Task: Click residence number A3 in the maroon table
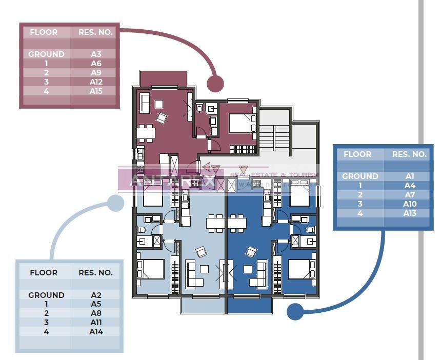pos(96,54)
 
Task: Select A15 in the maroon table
pos(96,91)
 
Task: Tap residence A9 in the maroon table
pos(96,73)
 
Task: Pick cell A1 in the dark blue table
pos(409,176)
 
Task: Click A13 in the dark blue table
pos(409,213)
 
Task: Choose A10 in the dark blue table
pos(409,204)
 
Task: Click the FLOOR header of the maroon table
pos(44,32)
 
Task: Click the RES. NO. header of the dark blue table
pos(409,154)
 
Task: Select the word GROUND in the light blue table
pos(46,295)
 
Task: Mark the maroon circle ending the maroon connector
pos(215,84)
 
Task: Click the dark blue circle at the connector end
pos(294,311)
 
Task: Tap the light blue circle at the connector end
pos(115,203)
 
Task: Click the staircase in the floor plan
pos(274,137)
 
